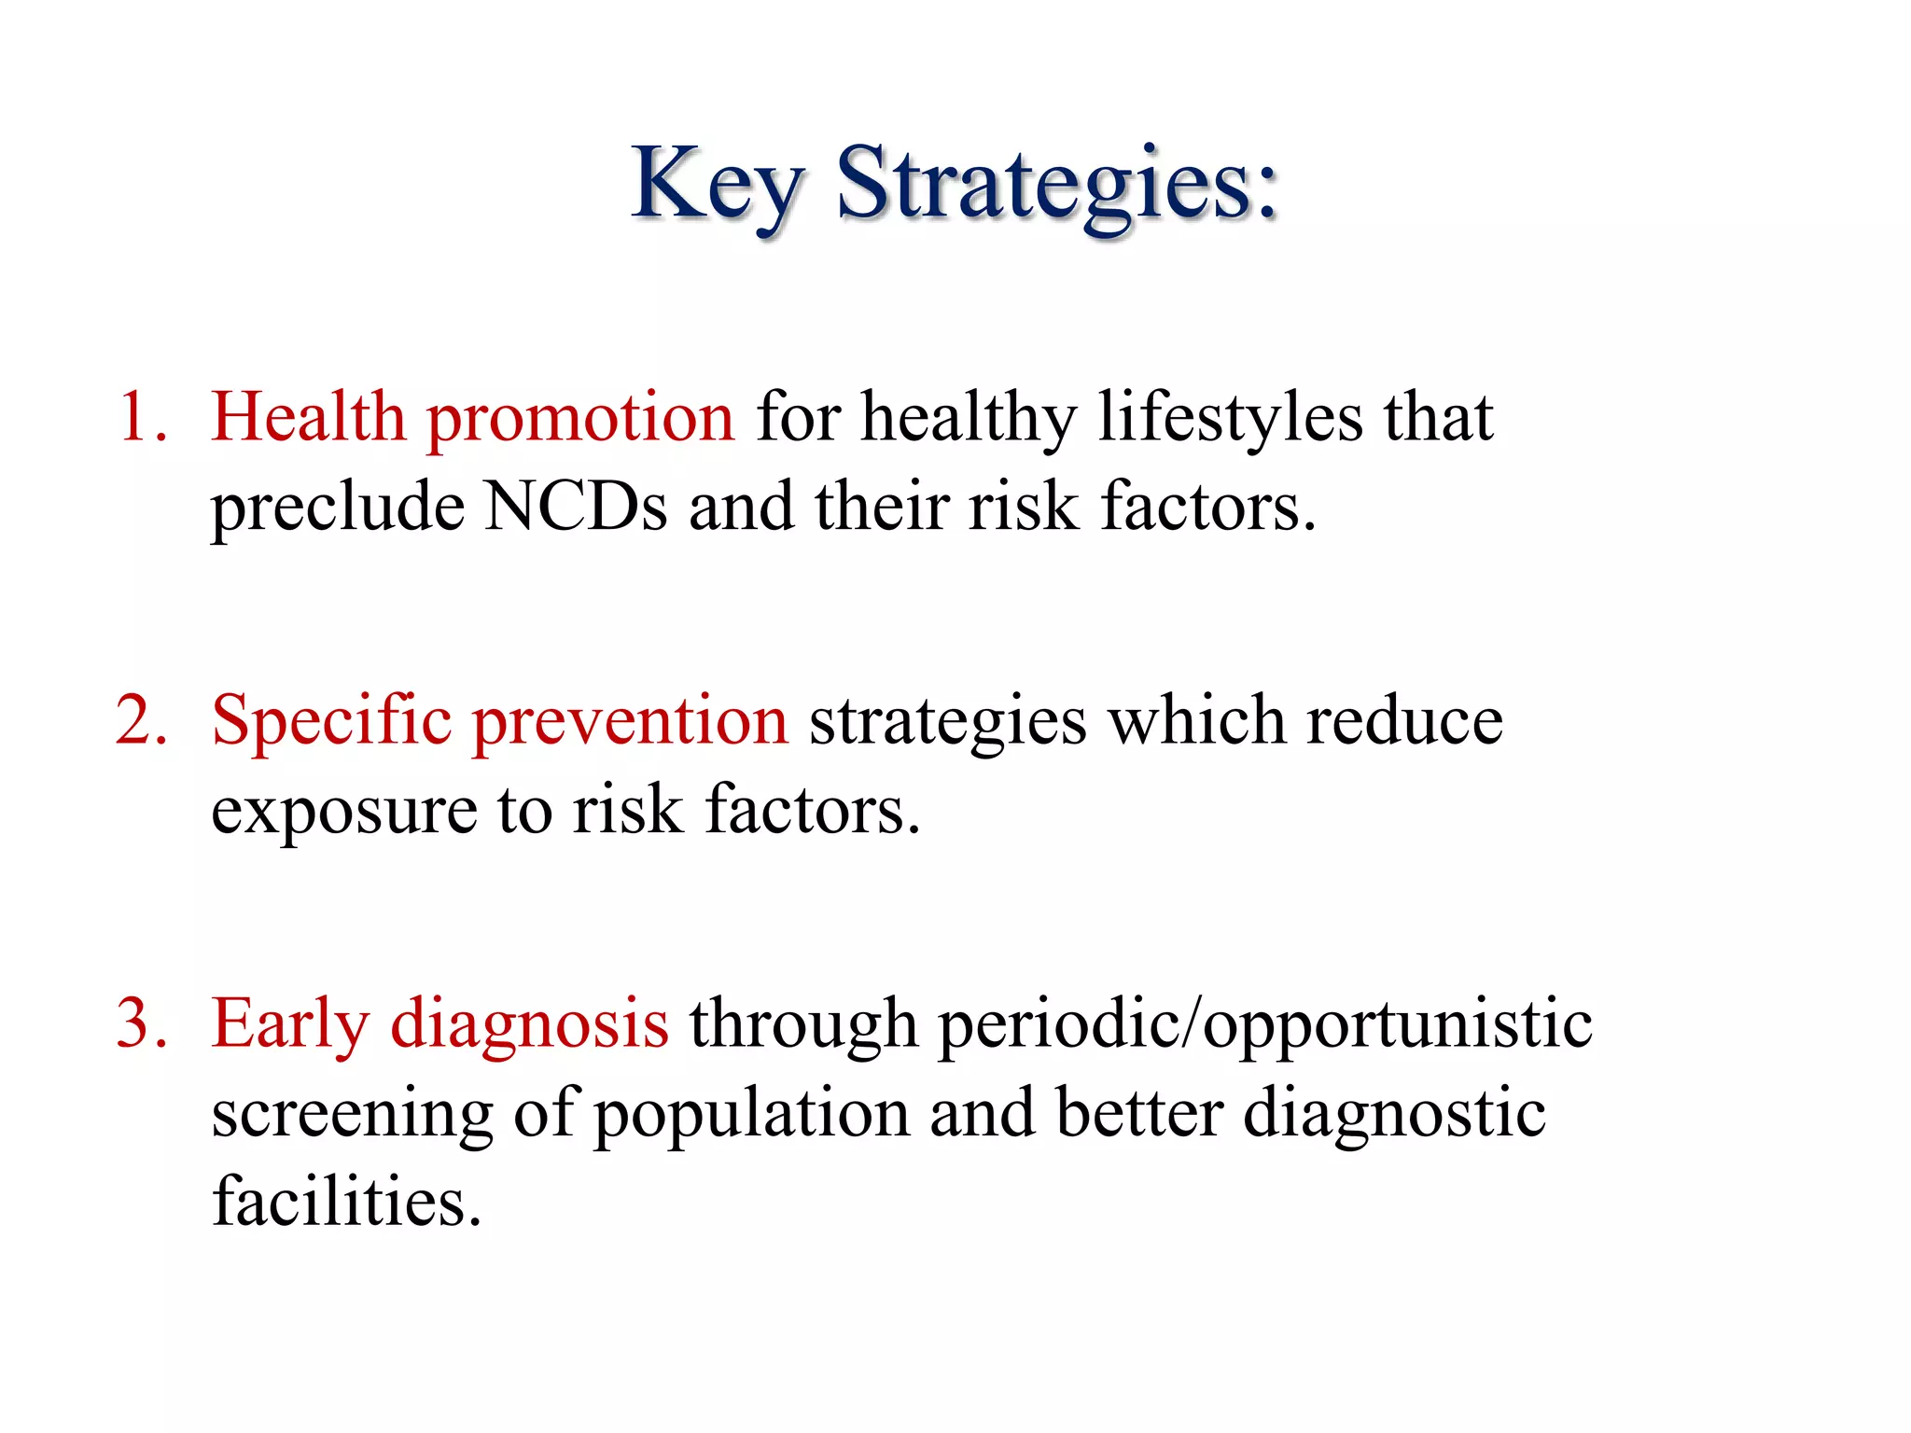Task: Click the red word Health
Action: (307, 416)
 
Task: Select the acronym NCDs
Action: (576, 507)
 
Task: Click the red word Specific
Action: (331, 722)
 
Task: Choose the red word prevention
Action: (631, 722)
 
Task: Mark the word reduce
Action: (1404, 722)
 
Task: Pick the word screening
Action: (352, 1116)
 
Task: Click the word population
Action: (752, 1116)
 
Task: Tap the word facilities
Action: (346, 1202)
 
